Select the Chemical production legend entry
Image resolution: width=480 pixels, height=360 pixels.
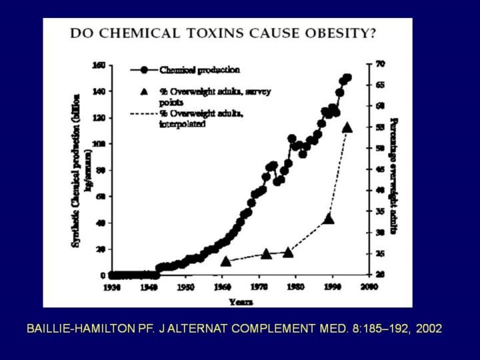coord(199,69)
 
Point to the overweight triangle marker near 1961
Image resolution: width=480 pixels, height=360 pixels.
coord(225,261)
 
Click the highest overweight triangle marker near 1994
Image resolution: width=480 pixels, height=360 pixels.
coord(347,127)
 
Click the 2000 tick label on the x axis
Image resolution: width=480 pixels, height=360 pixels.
coord(369,287)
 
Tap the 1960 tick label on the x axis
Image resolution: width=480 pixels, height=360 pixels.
coord(222,287)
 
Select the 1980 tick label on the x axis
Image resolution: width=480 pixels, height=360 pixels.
coord(295,287)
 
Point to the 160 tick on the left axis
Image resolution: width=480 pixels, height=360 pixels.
coord(99,65)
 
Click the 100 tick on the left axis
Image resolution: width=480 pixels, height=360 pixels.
coord(99,144)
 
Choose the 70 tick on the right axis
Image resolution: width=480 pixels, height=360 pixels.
coord(381,64)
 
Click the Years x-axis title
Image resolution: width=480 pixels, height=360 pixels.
coord(241,301)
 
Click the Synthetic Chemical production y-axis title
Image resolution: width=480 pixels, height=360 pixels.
coord(82,170)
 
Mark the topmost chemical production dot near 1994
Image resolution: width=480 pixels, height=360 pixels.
coord(347,78)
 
